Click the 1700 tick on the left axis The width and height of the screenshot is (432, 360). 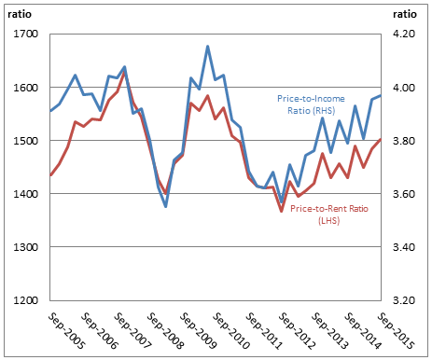click(24, 35)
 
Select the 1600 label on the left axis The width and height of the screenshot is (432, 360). click(24, 88)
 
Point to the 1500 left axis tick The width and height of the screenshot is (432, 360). click(24, 141)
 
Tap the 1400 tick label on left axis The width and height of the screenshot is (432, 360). click(24, 194)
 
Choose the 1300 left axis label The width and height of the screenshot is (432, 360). click(24, 247)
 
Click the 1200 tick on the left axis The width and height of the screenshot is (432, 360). click(24, 300)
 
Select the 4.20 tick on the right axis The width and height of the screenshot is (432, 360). click(404, 35)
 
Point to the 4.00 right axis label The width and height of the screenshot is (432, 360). click(404, 88)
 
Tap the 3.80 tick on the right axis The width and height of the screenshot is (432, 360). click(404, 141)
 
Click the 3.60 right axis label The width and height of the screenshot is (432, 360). click(404, 194)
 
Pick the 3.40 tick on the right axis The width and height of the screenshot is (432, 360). click(404, 247)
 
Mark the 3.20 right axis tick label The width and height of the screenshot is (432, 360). click(404, 300)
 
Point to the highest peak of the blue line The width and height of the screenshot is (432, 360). click(207, 46)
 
